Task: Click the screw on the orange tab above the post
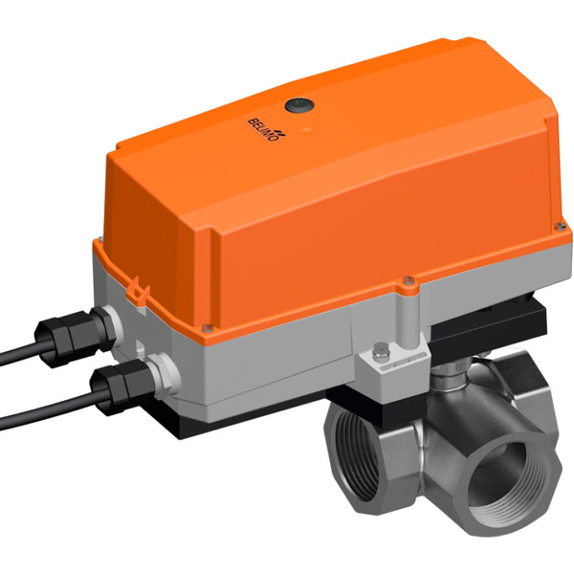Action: [408, 281]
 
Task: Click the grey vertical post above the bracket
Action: [408, 317]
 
